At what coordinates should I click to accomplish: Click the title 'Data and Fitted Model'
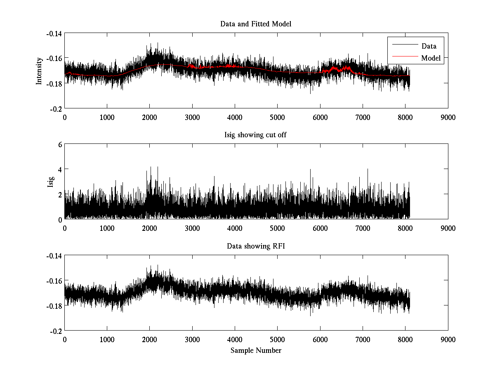pyautogui.click(x=256, y=24)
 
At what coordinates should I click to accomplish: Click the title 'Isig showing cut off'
pyautogui.click(x=256, y=135)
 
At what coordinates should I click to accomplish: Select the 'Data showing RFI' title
pyautogui.click(x=256, y=246)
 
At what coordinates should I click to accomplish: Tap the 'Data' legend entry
pyautogui.click(x=429, y=46)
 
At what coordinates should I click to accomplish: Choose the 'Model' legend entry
pyautogui.click(x=431, y=58)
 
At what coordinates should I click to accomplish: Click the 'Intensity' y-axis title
pyautogui.click(x=39, y=70)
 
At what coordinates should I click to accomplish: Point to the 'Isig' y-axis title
pyautogui.click(x=51, y=182)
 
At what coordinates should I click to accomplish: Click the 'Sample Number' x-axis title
pyautogui.click(x=256, y=350)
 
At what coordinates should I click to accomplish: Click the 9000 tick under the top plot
pyautogui.click(x=448, y=117)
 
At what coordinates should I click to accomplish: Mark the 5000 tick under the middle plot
pyautogui.click(x=277, y=228)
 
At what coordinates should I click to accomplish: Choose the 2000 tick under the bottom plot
pyautogui.click(x=149, y=339)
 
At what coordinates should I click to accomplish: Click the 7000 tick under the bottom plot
pyautogui.click(x=362, y=339)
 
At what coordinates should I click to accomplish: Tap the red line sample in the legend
pyautogui.click(x=404, y=58)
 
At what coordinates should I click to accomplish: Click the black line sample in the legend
pyautogui.click(x=404, y=46)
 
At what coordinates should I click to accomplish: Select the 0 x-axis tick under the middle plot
pyautogui.click(x=65, y=228)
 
